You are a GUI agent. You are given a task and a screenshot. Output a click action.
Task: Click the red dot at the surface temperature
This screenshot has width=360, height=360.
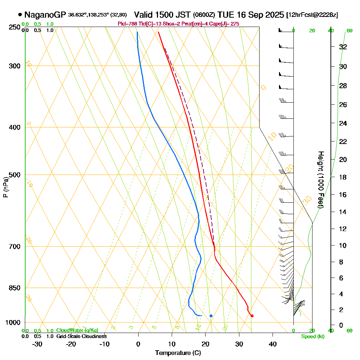pos(252,316)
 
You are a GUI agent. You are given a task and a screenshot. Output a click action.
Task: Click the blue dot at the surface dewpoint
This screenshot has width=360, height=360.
pos(211,316)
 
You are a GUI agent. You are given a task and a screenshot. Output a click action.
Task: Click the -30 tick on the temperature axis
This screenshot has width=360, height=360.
pos(37,344)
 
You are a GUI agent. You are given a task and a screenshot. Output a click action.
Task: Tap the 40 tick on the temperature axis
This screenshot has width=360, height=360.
pos(273,344)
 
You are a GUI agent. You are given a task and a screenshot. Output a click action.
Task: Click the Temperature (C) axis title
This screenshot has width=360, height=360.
pos(178,353)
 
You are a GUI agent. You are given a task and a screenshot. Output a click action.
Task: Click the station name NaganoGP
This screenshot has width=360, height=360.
pos(45,15)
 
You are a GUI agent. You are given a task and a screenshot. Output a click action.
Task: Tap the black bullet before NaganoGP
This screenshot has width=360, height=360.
pos(20,15)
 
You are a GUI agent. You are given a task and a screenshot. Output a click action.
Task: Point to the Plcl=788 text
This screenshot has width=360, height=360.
pos(126,24)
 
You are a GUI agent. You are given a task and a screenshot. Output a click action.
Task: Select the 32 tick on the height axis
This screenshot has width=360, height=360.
pos(343,47)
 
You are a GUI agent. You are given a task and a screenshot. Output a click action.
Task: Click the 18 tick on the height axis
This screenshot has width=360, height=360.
pos(343,177)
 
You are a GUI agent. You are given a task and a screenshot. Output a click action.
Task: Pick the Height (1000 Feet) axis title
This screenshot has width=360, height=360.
pos(320,180)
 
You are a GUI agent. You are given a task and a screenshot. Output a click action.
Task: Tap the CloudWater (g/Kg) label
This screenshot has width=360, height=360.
pos(77,330)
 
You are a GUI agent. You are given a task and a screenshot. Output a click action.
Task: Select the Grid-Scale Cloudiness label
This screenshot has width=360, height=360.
pos(81,336)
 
